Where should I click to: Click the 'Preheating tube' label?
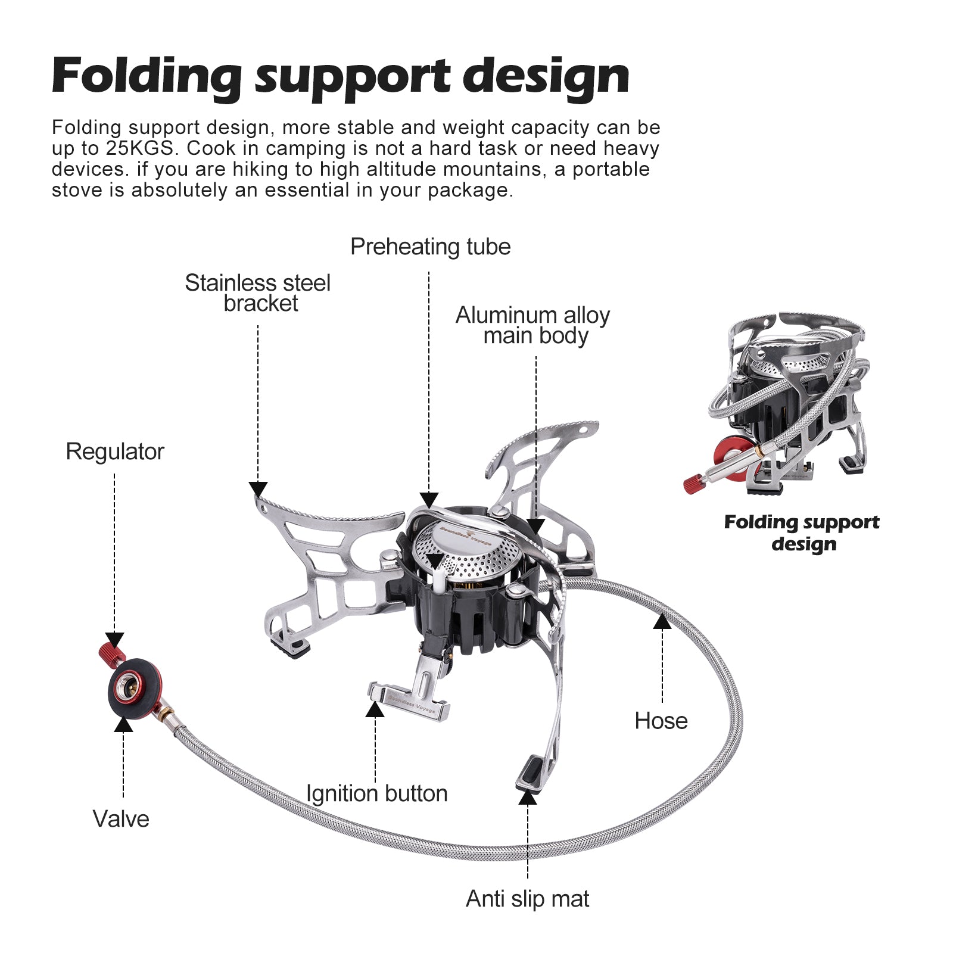pyautogui.click(x=430, y=247)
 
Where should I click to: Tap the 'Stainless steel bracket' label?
pyautogui.click(x=258, y=293)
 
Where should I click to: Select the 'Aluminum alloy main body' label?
pyautogui.click(x=533, y=325)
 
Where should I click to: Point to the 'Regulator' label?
pyautogui.click(x=115, y=451)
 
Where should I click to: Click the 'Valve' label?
pyautogui.click(x=121, y=819)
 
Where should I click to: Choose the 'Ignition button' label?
pyautogui.click(x=376, y=793)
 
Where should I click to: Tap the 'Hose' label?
pyautogui.click(x=661, y=721)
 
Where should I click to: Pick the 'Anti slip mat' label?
pyautogui.click(x=527, y=899)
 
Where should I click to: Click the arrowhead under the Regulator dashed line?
pyautogui.click(x=114, y=640)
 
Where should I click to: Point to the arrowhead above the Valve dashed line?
pyautogui.click(x=123, y=724)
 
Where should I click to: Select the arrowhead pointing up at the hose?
pyautogui.click(x=662, y=622)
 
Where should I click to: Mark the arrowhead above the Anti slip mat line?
pyautogui.click(x=527, y=797)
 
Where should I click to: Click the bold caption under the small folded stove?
pyautogui.click(x=802, y=533)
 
